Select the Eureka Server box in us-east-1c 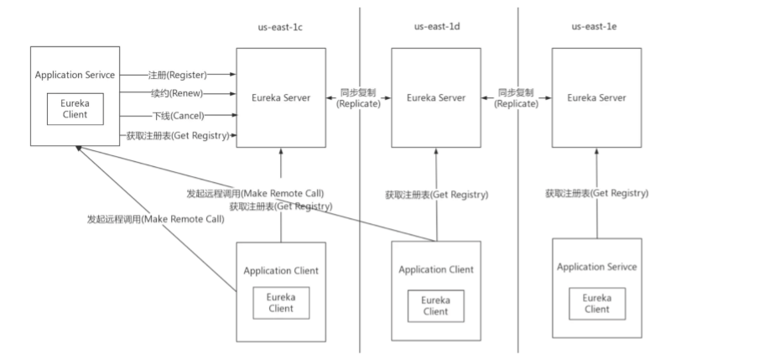tap(281, 98)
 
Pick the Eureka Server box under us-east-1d tap(436, 98)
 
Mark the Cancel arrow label tap(175, 115)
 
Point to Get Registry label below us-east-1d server tap(436, 195)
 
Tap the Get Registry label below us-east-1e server tap(596, 193)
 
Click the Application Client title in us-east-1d tap(436, 269)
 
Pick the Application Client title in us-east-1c tap(281, 270)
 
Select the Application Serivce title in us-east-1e tap(597, 266)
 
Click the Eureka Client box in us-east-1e tap(597, 303)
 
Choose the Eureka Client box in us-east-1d tap(435, 305)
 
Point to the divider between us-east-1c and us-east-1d tap(361, 252)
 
